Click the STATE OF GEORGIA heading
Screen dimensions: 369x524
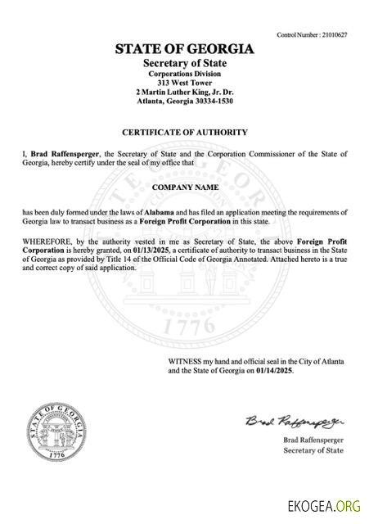[x=185, y=49]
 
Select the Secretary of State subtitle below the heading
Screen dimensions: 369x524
[x=185, y=63]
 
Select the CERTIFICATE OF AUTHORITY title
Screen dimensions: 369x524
[x=185, y=132]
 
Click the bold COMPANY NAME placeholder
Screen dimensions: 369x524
[x=185, y=187]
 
